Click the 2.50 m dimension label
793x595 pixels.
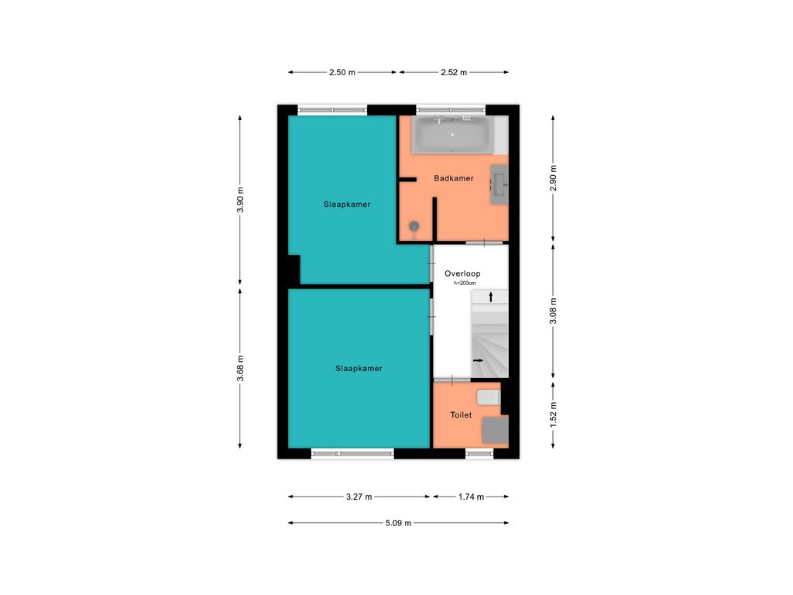pyautogui.click(x=342, y=72)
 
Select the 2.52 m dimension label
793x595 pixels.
pyautogui.click(x=454, y=72)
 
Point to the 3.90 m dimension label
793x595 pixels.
pyautogui.click(x=240, y=201)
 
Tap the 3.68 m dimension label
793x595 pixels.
pyautogui.click(x=240, y=368)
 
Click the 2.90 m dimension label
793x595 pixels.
pyautogui.click(x=553, y=178)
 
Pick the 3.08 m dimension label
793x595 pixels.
pyautogui.click(x=553, y=311)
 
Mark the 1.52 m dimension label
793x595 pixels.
pyautogui.click(x=553, y=415)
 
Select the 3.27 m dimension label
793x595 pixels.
pyautogui.click(x=359, y=497)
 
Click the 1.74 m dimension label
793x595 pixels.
pyautogui.click(x=471, y=497)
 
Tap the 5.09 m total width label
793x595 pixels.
pyautogui.click(x=399, y=523)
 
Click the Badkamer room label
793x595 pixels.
pyautogui.click(x=454, y=178)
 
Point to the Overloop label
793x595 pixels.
pyautogui.click(x=462, y=273)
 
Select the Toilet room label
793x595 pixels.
pyautogui.click(x=461, y=415)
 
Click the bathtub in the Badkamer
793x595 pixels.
pyautogui.click(x=452, y=135)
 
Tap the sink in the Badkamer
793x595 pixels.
pyautogui.click(x=499, y=184)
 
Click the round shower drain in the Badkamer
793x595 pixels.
pyautogui.click(x=414, y=226)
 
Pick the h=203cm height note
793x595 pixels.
pyautogui.click(x=465, y=284)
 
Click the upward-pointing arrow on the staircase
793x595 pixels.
pyautogui.click(x=490, y=297)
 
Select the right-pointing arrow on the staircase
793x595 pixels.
pyautogui.click(x=478, y=361)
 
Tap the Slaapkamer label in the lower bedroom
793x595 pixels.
pyautogui.click(x=359, y=368)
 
